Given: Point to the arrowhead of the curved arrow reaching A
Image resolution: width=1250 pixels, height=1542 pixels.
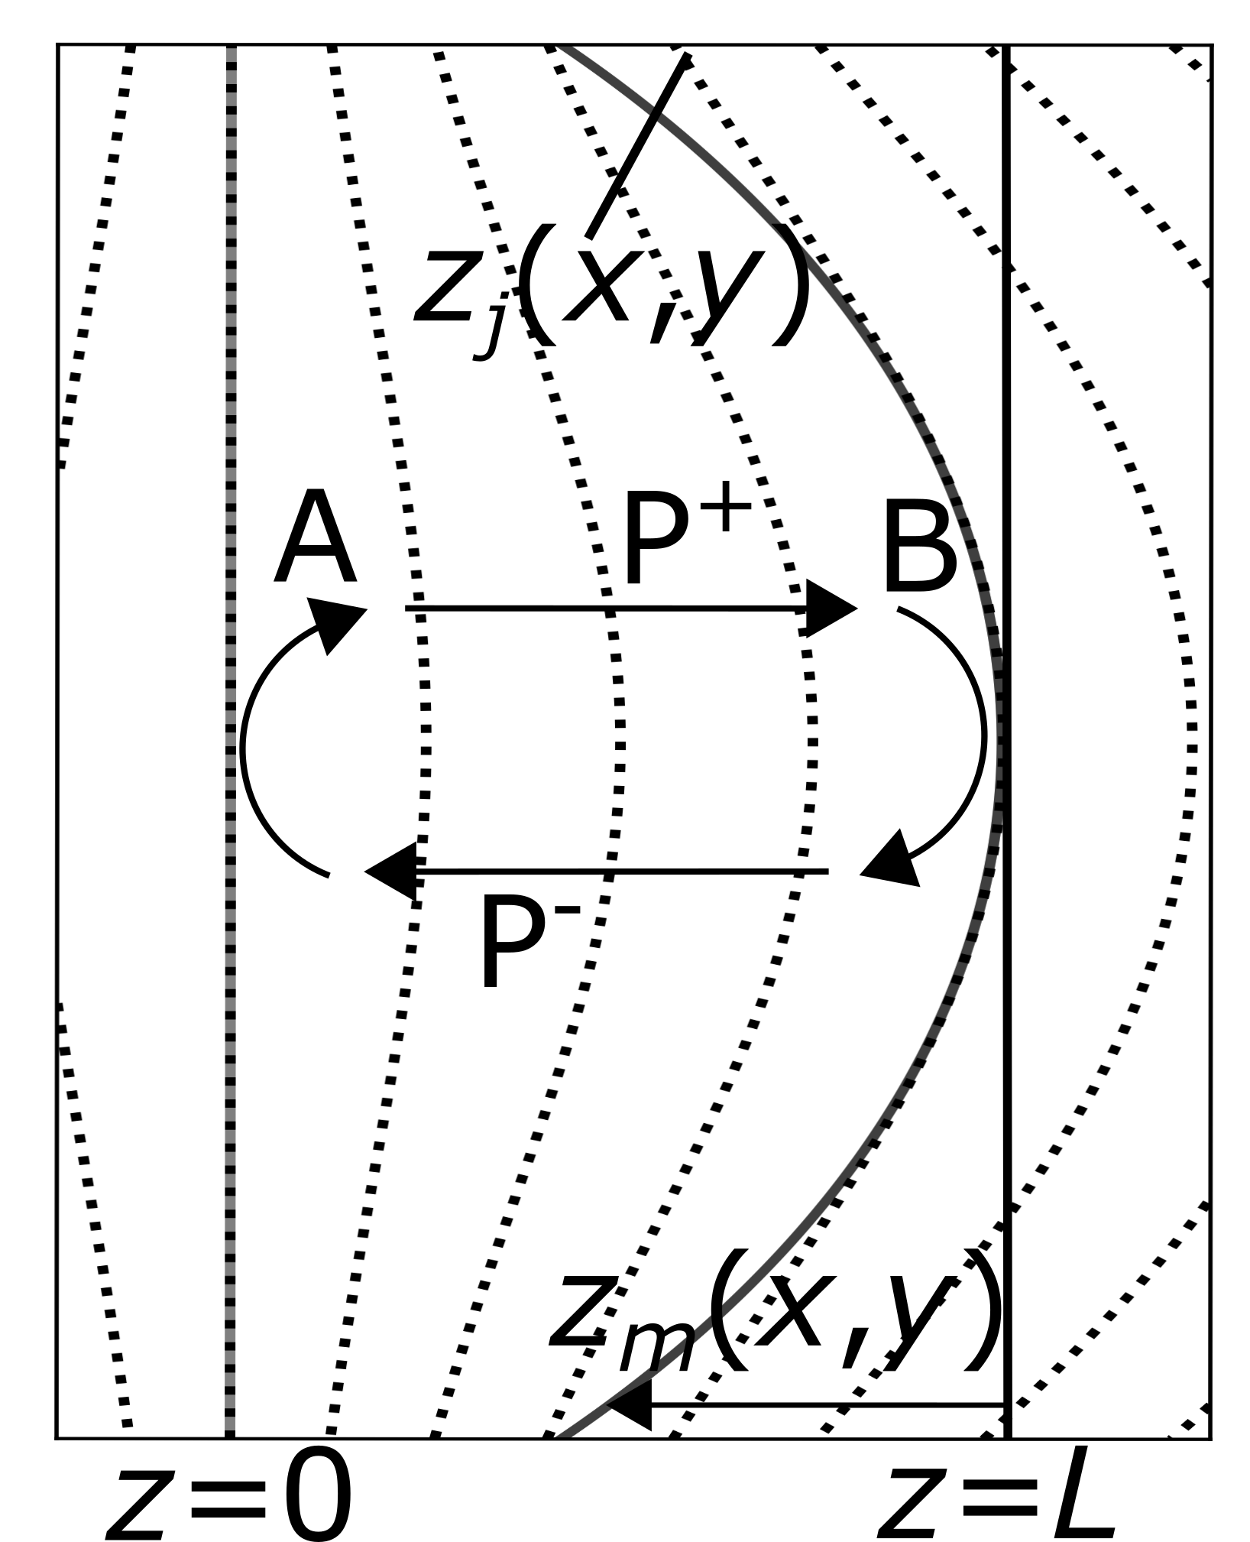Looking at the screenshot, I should [x=336, y=622].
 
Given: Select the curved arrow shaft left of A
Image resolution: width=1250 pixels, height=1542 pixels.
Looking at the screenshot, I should [x=243, y=745].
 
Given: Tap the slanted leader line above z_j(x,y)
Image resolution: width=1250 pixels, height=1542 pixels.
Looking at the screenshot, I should [x=639, y=145].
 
